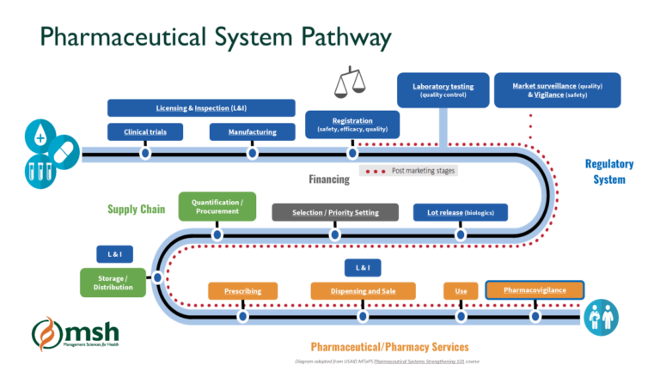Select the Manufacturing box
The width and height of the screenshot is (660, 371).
[x=252, y=132]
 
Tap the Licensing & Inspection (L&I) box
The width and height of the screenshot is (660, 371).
[x=201, y=108]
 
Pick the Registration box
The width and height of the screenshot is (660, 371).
[x=352, y=124]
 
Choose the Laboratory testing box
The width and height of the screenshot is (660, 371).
[x=443, y=90]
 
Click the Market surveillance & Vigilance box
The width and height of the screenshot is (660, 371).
[x=558, y=90]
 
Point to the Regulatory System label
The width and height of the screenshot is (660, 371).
[x=609, y=172]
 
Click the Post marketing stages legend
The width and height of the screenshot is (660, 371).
[x=407, y=171]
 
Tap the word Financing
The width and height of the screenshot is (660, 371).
[x=329, y=179]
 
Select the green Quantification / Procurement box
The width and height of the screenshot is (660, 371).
[x=217, y=206]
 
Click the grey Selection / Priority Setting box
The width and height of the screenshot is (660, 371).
[x=335, y=212]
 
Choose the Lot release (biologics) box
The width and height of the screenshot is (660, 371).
[x=461, y=212]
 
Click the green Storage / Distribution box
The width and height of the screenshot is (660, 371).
[x=113, y=282]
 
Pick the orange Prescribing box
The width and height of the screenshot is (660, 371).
[x=242, y=291]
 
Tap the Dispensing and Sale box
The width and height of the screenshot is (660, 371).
[x=363, y=291]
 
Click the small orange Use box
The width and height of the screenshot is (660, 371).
[x=461, y=291]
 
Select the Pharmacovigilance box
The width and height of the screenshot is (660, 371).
[x=535, y=290]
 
